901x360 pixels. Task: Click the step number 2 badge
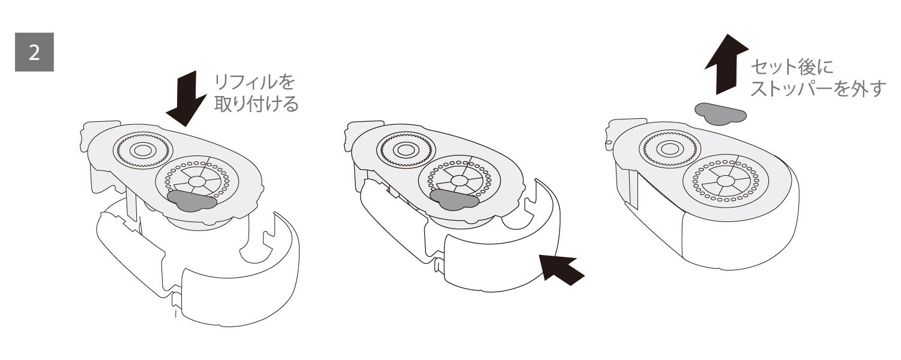coord(34,52)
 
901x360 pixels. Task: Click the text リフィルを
coord(255,82)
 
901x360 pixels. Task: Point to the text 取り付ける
coord(256,104)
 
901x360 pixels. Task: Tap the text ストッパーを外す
coord(819,88)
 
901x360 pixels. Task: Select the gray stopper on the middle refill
coord(454,199)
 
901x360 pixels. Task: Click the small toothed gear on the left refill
coord(143,151)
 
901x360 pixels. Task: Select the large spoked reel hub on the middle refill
coord(460,181)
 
